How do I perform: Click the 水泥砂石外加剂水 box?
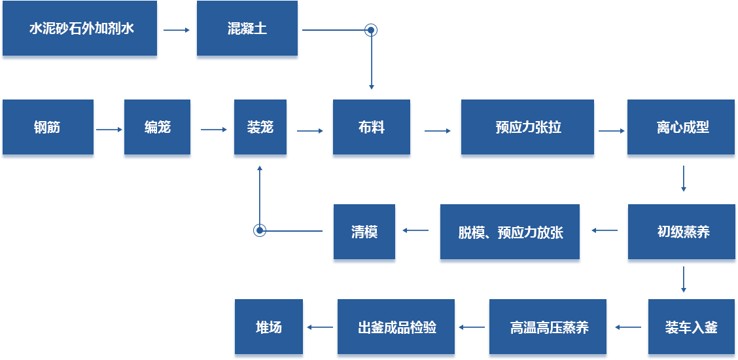click(x=80, y=30)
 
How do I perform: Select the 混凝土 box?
click(x=247, y=30)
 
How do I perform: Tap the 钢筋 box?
click(x=48, y=128)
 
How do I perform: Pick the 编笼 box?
click(x=157, y=128)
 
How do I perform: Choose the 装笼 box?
click(x=260, y=128)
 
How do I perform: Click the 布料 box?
click(x=371, y=128)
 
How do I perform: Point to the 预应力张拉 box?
click(x=527, y=128)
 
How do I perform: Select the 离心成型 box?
click(x=681, y=128)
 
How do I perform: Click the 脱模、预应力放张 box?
click(x=510, y=233)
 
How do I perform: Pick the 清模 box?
click(x=364, y=233)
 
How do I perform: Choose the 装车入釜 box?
click(x=691, y=328)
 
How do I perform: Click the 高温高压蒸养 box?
click(x=548, y=328)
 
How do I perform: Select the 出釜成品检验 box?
click(x=396, y=328)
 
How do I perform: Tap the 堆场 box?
click(x=268, y=328)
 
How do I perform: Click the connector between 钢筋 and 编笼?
click(x=109, y=129)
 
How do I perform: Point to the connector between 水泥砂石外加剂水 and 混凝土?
click(x=177, y=30)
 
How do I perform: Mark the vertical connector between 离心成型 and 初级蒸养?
click(x=684, y=179)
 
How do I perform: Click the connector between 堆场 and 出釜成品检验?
click(x=320, y=327)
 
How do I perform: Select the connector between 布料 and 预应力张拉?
click(x=437, y=131)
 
